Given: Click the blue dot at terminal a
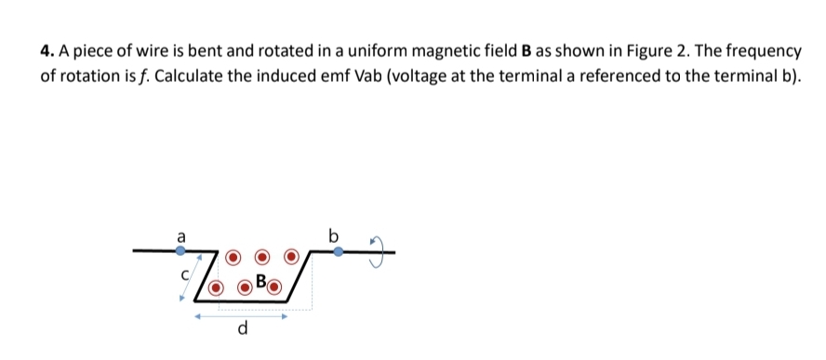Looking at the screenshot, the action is [x=180, y=250].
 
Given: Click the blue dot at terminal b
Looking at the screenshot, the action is [x=338, y=250].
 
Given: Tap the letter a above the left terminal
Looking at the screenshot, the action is [x=180, y=236].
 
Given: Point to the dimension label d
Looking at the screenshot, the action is [x=243, y=327].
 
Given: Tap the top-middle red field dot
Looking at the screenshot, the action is [x=263, y=257].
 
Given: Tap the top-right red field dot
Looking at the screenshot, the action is [x=292, y=257].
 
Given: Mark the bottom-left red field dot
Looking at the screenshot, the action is [x=216, y=287].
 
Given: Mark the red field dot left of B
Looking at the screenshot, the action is [x=245, y=287].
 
